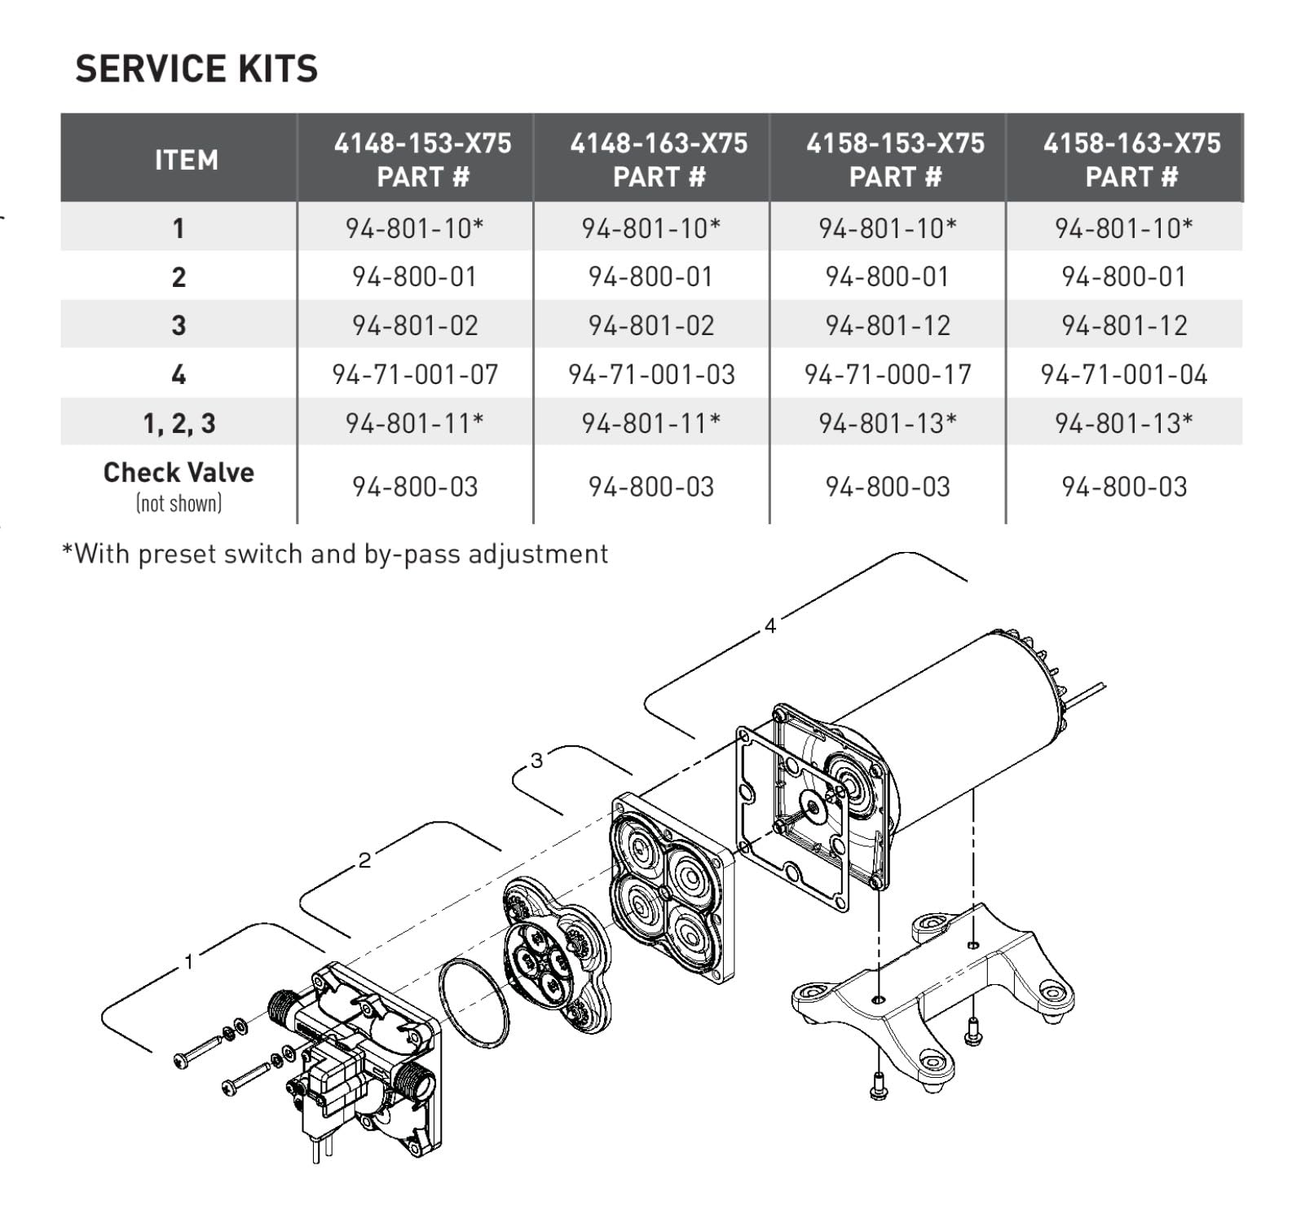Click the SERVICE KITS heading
196,68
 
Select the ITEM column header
187,160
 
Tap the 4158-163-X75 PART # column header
1131,160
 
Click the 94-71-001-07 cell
415,374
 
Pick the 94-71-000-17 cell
888,374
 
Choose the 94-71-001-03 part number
651,374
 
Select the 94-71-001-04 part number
1124,374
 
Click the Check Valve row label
179,472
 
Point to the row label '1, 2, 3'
179,423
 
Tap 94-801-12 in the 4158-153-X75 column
888,325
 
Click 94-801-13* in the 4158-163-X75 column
1124,422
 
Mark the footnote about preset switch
335,554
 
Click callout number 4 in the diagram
770,625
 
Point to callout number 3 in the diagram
536,761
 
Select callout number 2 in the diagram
364,860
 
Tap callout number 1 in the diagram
188,962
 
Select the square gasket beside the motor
742,815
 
